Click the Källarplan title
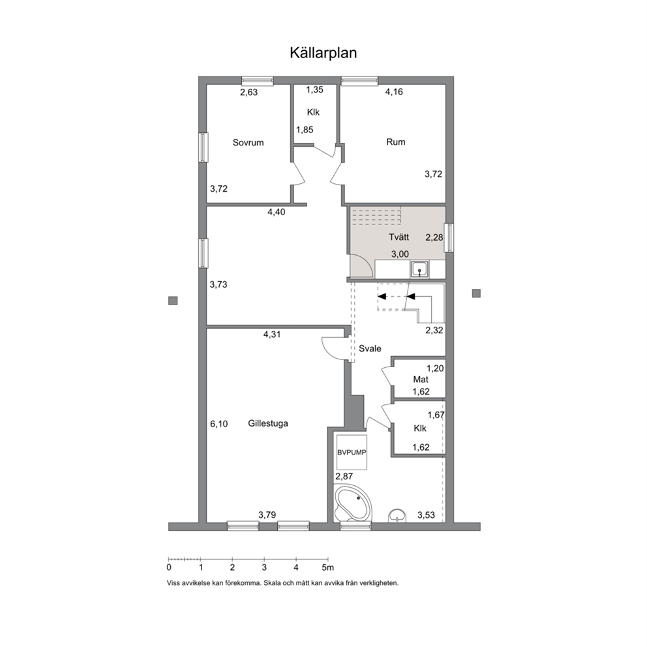click(x=323, y=53)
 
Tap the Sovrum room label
click(x=248, y=143)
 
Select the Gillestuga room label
click(x=268, y=423)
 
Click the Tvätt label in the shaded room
click(x=399, y=237)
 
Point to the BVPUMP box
click(x=352, y=452)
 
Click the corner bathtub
click(x=353, y=504)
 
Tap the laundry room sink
click(x=419, y=270)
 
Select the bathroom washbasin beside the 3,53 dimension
click(x=397, y=516)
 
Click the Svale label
click(x=370, y=349)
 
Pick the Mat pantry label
click(x=421, y=380)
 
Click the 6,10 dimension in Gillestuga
click(x=218, y=424)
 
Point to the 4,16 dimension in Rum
click(x=394, y=92)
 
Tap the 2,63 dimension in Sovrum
click(x=248, y=93)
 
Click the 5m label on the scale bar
click(x=328, y=567)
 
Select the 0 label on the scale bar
click(x=169, y=567)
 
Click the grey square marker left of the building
click(x=173, y=301)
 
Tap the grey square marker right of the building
click(x=477, y=293)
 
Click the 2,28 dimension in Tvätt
click(x=434, y=237)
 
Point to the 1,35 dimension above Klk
click(x=314, y=90)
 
